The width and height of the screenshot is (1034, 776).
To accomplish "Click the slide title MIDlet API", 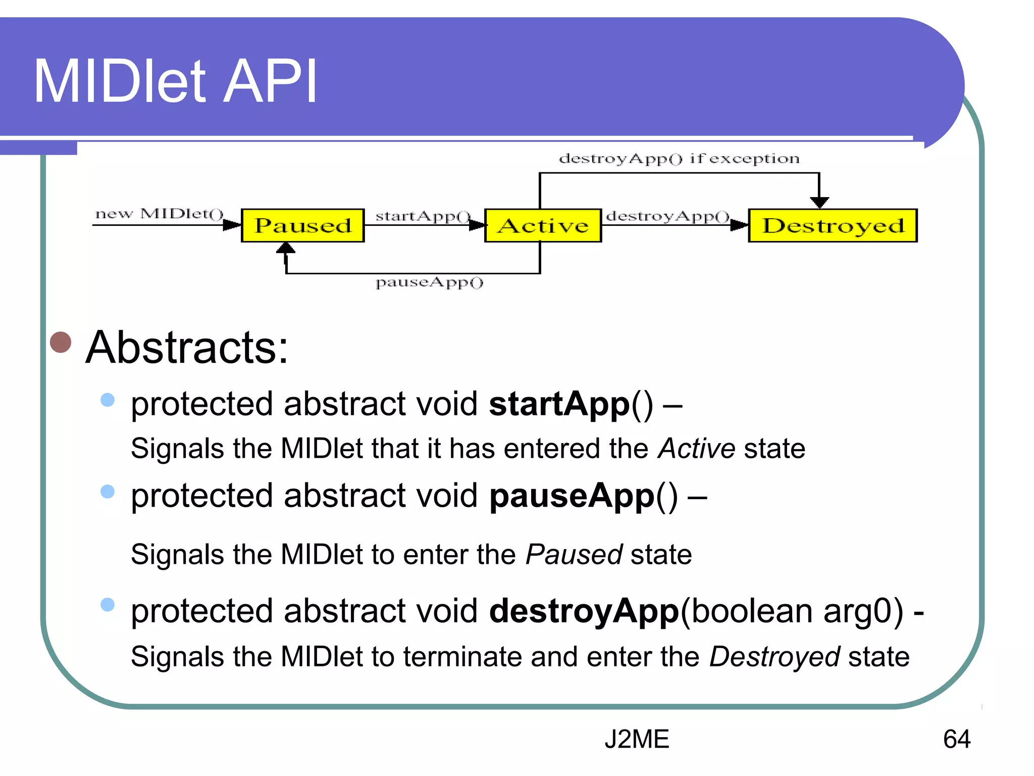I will (x=175, y=81).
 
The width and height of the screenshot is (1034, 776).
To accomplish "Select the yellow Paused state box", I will (x=302, y=225).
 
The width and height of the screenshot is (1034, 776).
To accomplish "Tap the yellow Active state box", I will (x=543, y=225).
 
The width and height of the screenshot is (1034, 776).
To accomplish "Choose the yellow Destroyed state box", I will (x=833, y=225).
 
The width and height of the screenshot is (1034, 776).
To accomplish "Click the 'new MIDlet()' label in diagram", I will (x=159, y=214).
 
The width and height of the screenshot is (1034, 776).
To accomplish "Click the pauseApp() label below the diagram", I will (x=429, y=282).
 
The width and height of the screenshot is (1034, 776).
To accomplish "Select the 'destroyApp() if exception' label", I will (x=679, y=159).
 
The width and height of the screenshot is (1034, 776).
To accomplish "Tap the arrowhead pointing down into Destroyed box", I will (x=819, y=202).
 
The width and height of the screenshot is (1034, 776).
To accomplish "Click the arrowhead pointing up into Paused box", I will (x=286, y=248).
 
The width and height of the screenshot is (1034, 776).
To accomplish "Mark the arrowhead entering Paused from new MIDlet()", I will (x=232, y=225).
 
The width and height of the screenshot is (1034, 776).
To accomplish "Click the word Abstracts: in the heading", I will (x=187, y=347).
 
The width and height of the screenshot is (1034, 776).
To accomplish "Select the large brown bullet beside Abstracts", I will (x=61, y=342).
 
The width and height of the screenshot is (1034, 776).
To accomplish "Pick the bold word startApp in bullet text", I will (x=559, y=404).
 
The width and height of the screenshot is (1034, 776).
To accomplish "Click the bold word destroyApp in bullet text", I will (x=584, y=611).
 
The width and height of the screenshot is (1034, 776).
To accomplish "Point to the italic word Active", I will (x=696, y=449).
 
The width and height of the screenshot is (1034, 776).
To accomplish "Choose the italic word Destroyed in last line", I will (x=774, y=657).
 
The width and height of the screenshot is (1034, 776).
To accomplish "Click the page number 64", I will (x=956, y=739).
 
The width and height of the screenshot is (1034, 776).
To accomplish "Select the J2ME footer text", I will (x=637, y=739).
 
